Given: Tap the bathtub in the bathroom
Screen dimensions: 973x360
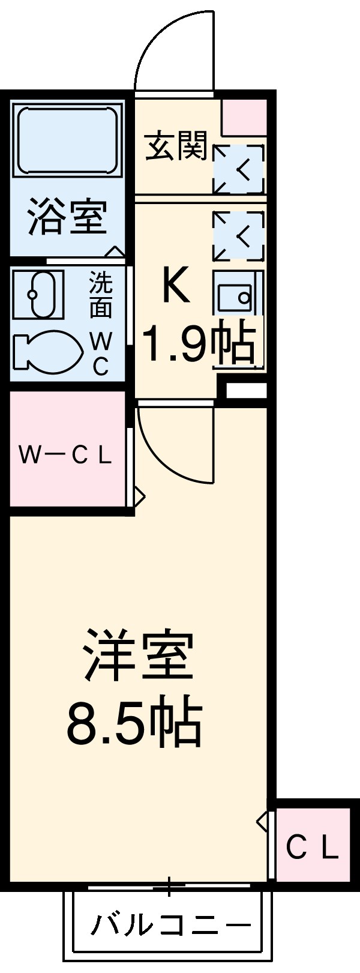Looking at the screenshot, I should click(67, 140).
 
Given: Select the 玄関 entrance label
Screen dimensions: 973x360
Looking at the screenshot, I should click(176, 146).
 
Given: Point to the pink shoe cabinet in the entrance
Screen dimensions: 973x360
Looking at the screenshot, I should click(245, 116).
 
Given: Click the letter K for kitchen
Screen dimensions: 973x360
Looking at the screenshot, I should click(175, 286).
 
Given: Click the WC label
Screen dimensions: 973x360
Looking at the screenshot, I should click(101, 354).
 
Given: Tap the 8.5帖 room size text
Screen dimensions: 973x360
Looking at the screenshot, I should click(133, 721).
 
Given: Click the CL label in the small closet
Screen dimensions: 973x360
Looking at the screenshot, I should click(312, 848).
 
